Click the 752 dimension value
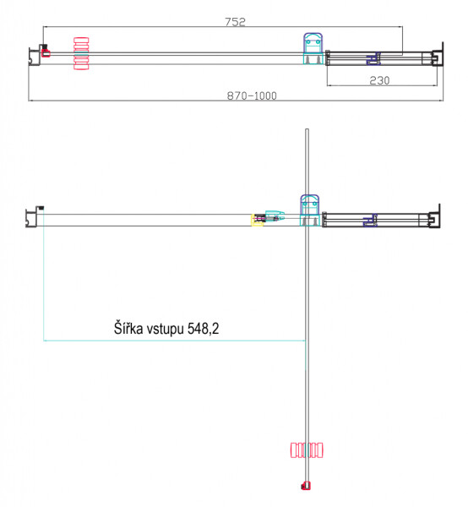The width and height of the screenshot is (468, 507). point(236,22)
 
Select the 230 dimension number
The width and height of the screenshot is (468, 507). point(379,80)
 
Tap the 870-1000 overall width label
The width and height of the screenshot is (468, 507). point(252,95)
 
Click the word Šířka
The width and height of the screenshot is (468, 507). point(128,328)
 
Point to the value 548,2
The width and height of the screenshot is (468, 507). point(203,329)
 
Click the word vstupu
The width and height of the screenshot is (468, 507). point(166,330)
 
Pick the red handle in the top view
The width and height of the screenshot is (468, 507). point(81,54)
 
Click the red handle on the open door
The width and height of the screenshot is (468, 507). point(307,450)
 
